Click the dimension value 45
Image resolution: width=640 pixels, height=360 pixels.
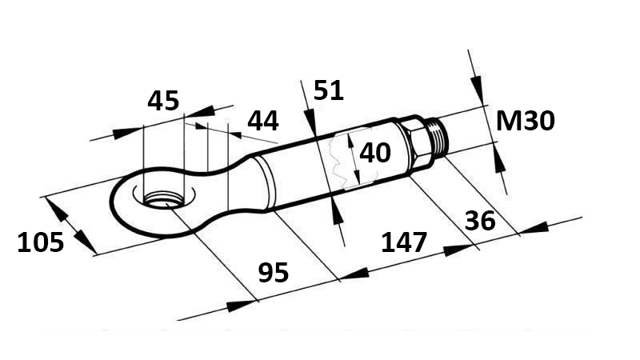point(163,102)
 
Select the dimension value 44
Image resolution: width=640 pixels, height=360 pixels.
point(262,121)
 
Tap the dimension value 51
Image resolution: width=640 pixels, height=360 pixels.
point(328,90)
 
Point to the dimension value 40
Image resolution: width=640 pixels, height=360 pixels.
point(374,152)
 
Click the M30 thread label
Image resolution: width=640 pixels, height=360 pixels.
point(525,121)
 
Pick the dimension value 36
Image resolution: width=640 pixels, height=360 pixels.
point(480,220)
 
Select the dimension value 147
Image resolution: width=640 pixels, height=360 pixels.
point(404,242)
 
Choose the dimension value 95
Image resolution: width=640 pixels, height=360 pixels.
point(274,273)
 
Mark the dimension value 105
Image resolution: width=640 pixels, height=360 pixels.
point(40,241)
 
